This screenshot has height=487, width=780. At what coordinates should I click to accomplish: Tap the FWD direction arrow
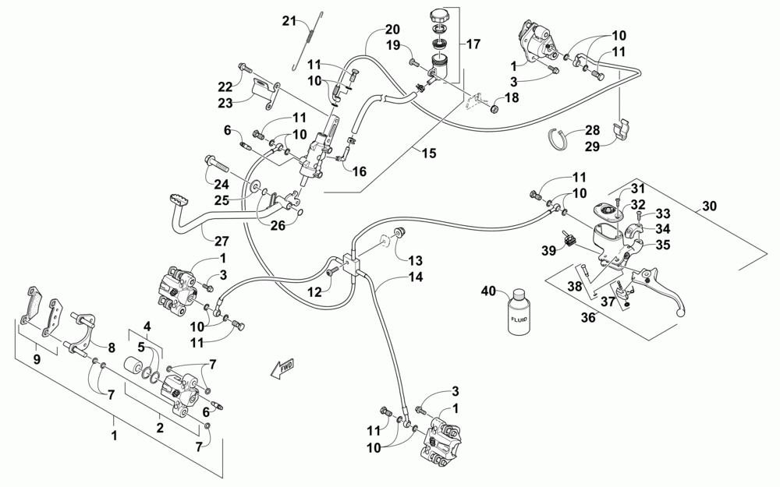282,369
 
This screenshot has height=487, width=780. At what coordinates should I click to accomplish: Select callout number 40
489,291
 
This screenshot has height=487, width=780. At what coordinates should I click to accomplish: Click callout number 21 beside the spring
289,21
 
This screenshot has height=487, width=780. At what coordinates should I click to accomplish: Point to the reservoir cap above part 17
441,14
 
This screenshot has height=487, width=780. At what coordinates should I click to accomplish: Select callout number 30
709,205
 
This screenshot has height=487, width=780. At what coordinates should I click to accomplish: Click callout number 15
429,153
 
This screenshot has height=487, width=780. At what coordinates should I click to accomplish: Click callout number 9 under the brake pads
37,358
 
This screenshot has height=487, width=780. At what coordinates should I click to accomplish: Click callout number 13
416,260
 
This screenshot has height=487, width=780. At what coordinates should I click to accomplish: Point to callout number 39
548,251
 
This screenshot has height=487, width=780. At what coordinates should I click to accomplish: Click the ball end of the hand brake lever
682,312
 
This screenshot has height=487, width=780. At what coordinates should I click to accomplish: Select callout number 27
222,241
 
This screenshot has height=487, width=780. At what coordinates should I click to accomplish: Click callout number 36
588,317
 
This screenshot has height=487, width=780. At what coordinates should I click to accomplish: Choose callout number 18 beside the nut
512,97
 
